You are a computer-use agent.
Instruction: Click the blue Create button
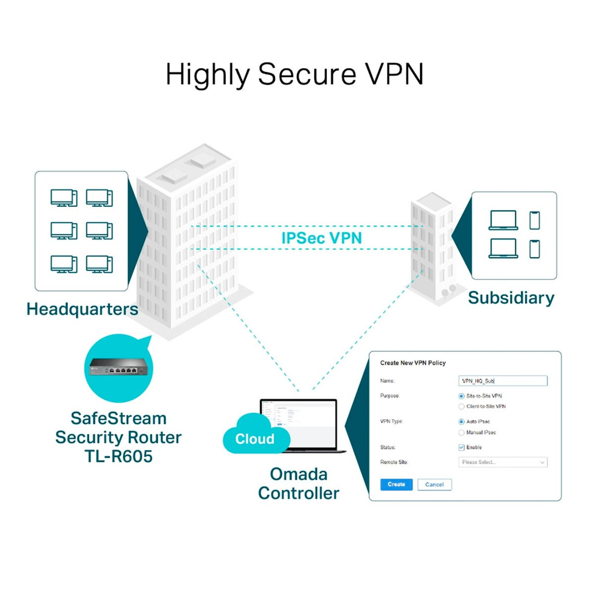coord(396,485)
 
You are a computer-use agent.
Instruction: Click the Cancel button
coord(434,485)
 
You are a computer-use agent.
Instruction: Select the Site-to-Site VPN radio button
coord(461,396)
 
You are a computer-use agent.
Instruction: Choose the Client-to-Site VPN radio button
coord(461,406)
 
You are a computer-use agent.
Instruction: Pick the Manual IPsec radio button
coord(461,433)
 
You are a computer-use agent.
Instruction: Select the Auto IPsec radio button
coord(461,422)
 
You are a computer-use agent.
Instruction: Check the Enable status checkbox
coord(461,447)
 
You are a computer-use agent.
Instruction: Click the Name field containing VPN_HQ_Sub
coord(502,381)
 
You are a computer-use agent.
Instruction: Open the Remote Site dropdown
coord(502,462)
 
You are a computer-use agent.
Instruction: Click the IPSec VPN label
coord(321,238)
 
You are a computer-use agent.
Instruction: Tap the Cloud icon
coord(255,436)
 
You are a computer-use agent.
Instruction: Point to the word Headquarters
coord(82,309)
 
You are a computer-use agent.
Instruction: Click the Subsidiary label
coord(511,298)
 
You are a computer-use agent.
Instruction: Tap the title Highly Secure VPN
coord(295,74)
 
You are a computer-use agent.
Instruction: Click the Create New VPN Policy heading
coord(413,363)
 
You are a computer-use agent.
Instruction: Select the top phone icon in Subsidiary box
coord(534,220)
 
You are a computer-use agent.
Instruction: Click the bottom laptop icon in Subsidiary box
coord(503,248)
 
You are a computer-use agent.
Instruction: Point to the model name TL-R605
coord(118,456)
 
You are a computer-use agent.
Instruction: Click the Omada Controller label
coord(298,484)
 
